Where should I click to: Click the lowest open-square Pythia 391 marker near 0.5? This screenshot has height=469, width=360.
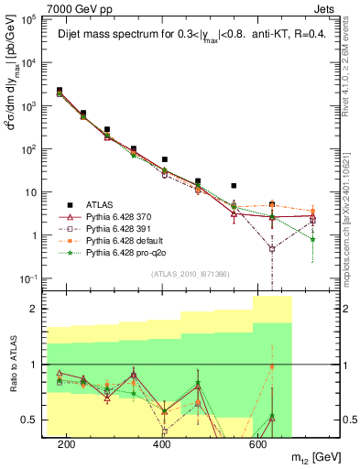point(271,248)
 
